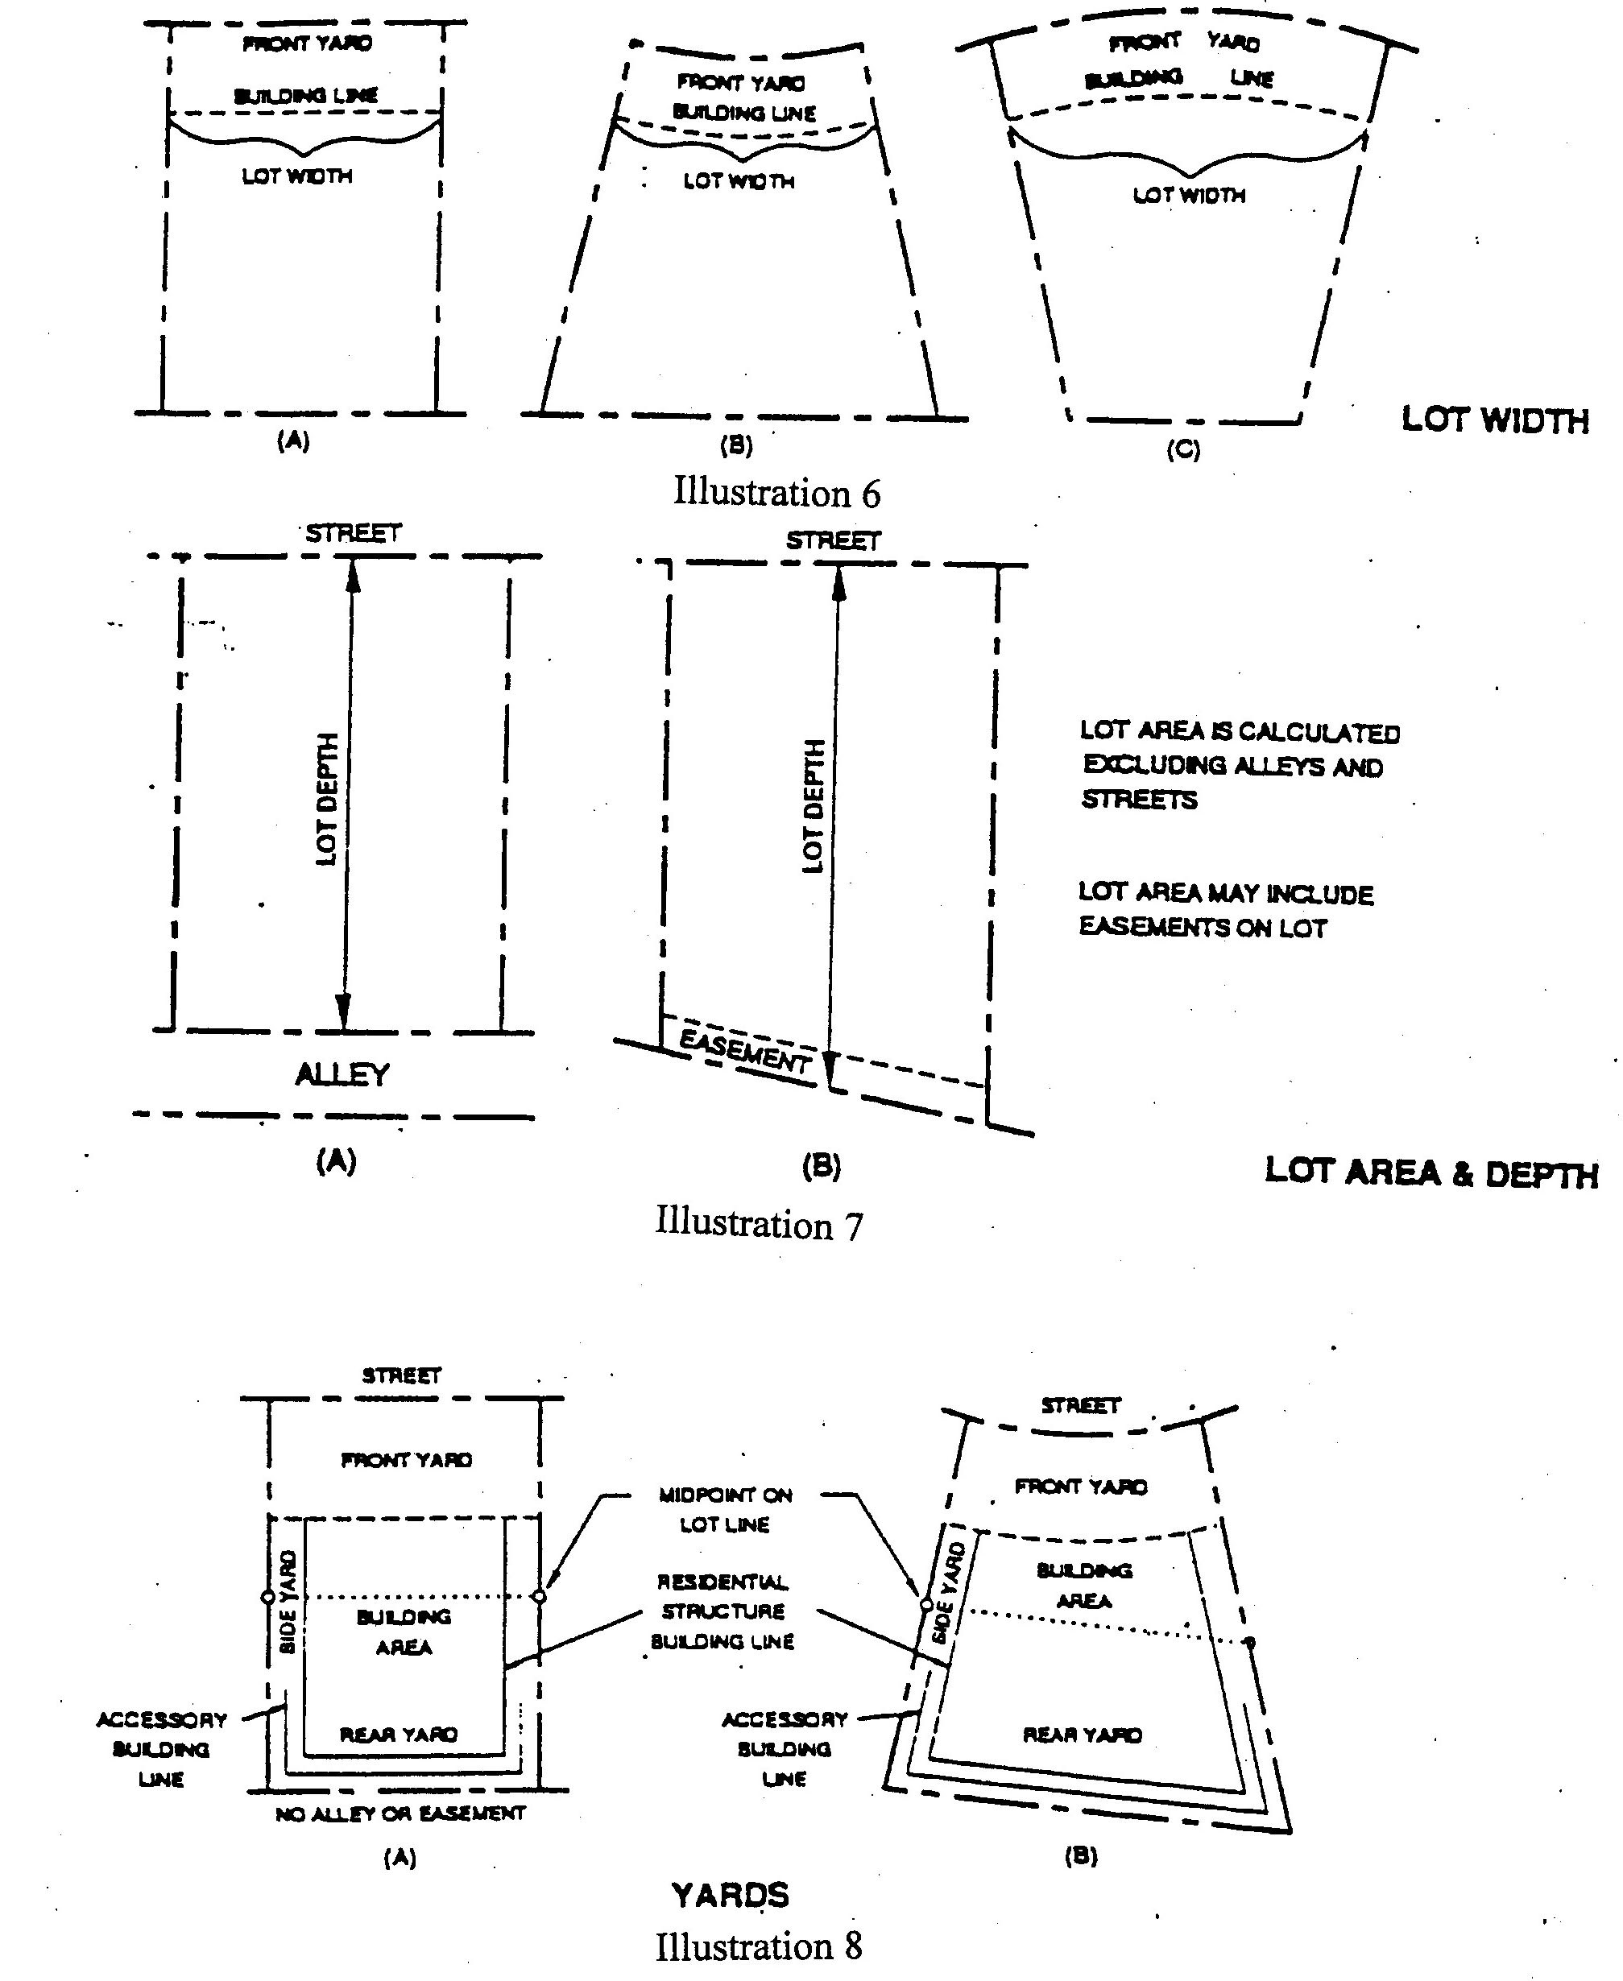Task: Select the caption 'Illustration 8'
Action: point(758,1946)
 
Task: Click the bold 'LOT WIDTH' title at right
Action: point(1494,420)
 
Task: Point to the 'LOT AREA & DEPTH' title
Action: point(1430,1172)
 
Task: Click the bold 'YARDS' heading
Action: point(731,1895)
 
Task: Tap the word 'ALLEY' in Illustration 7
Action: point(342,1074)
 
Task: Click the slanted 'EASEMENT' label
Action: point(744,1051)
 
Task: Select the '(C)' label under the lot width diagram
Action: point(1182,449)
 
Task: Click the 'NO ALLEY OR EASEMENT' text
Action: point(400,1814)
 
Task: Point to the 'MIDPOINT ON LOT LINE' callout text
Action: point(726,1510)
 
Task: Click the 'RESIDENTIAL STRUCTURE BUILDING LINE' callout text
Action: point(722,1611)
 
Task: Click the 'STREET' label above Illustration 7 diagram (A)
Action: point(354,533)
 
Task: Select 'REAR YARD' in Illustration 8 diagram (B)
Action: point(1083,1735)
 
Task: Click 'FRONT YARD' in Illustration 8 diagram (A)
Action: point(406,1459)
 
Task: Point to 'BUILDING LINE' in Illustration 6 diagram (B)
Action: point(744,113)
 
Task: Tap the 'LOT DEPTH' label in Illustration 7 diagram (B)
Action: point(814,806)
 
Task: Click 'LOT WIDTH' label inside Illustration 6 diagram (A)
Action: point(297,176)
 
